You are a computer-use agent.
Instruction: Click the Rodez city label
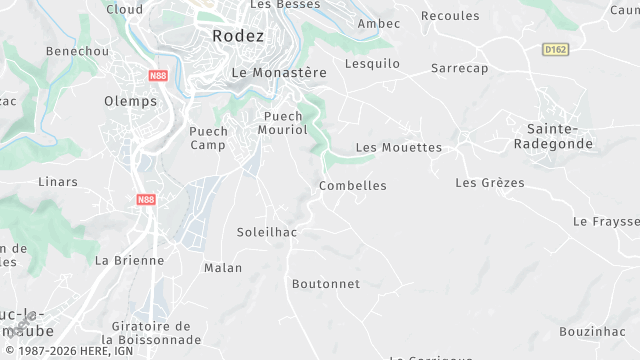click(238, 35)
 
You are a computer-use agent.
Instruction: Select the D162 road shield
click(556, 49)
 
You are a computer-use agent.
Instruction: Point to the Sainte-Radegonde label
click(560, 136)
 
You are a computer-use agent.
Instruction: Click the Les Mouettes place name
click(399, 148)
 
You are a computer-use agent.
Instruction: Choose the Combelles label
click(352, 186)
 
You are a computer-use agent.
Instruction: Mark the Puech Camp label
click(209, 137)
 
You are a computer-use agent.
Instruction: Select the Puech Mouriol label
click(283, 123)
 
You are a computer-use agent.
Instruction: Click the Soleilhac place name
click(266, 232)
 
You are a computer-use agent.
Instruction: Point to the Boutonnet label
click(326, 284)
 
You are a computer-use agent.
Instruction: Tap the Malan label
click(223, 268)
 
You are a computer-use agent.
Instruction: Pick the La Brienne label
click(129, 260)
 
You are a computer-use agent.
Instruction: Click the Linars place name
click(57, 182)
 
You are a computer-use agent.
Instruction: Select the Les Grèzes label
click(489, 183)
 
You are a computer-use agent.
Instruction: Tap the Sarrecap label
click(459, 68)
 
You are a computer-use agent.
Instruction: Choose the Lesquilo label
click(372, 64)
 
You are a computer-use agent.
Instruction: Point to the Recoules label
click(450, 16)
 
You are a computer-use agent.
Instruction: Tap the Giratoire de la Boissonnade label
click(151, 333)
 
